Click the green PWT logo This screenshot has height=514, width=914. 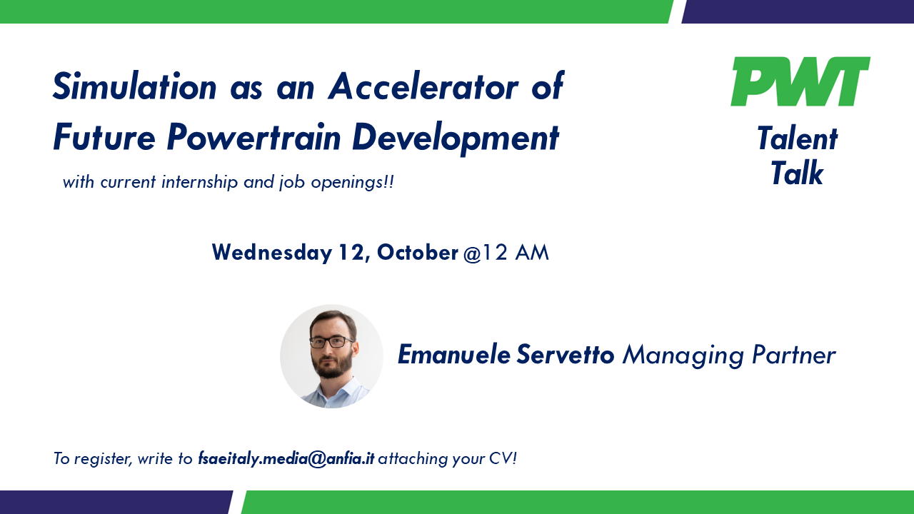click(800, 81)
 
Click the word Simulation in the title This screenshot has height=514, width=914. click(135, 87)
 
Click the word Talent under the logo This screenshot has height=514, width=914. click(797, 138)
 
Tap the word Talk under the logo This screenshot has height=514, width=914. click(797, 173)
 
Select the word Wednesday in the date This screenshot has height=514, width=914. click(272, 253)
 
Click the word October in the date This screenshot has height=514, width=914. click(417, 253)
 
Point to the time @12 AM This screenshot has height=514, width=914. click(506, 253)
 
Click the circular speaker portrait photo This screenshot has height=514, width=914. click(331, 356)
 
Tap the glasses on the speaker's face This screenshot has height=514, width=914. click(331, 342)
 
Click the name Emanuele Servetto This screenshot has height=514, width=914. click(506, 355)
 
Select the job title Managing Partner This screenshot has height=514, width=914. click(728, 355)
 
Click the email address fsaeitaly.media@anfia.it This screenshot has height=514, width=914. click(286, 458)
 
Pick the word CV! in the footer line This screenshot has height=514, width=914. click(502, 458)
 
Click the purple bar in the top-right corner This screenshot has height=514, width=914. click(798, 11)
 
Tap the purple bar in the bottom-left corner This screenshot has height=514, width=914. click(114, 502)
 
